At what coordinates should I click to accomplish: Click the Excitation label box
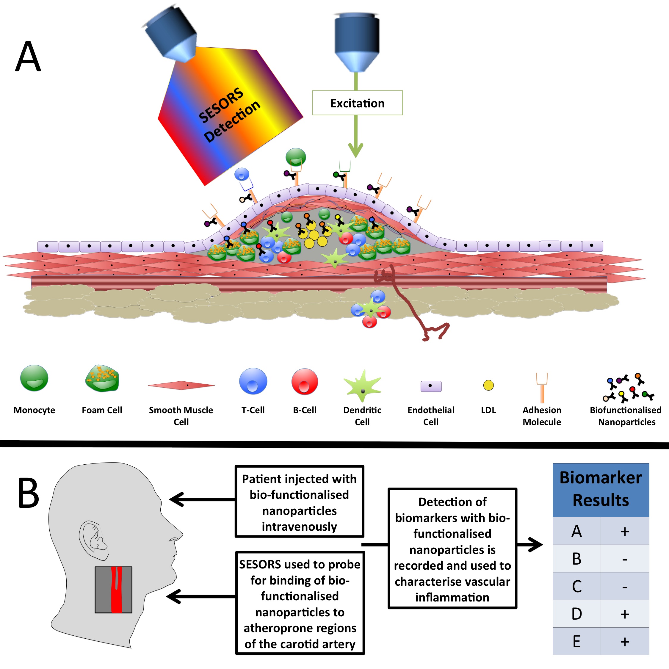[357, 103]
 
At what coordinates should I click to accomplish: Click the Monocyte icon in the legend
[34, 378]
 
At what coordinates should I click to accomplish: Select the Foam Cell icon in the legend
[102, 379]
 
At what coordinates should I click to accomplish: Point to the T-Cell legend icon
[253, 381]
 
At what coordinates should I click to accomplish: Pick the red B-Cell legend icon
[305, 381]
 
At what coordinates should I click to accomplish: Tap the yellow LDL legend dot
[488, 385]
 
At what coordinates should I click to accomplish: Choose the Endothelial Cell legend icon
[431, 386]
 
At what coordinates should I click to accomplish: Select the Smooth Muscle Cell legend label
[181, 416]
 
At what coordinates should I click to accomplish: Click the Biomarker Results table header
[601, 489]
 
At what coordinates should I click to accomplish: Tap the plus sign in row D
[625, 614]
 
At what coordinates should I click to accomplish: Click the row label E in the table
[576, 641]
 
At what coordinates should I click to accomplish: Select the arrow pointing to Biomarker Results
[530, 545]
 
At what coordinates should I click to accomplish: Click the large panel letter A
[28, 56]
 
